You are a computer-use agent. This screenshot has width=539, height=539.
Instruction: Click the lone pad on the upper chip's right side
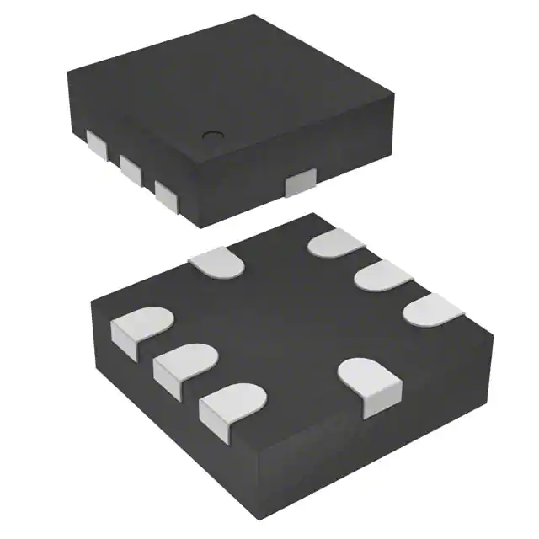(300, 181)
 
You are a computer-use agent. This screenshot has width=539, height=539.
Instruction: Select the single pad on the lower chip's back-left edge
(216, 260)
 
